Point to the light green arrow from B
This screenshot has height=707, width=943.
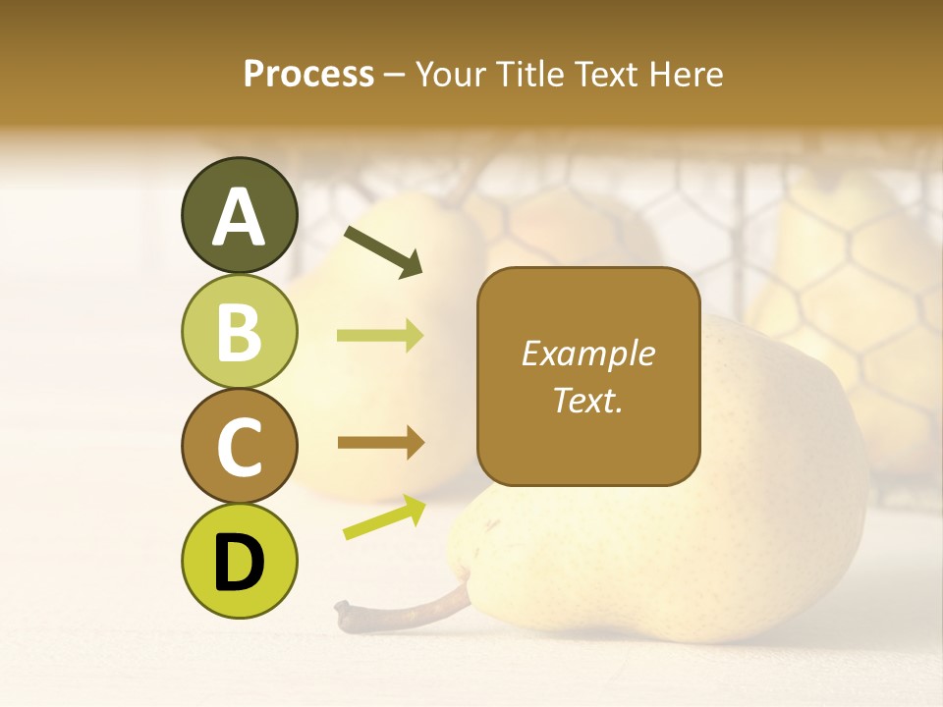(380, 336)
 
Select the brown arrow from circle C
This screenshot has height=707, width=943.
(380, 443)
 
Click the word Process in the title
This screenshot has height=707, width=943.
(308, 74)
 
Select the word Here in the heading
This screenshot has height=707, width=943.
(685, 74)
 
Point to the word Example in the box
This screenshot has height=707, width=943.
(587, 353)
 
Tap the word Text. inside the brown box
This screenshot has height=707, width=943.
(587, 400)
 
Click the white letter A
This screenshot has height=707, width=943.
(240, 218)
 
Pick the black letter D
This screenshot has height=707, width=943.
(240, 563)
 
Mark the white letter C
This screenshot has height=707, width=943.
(240, 447)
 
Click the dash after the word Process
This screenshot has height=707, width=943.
(394, 75)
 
